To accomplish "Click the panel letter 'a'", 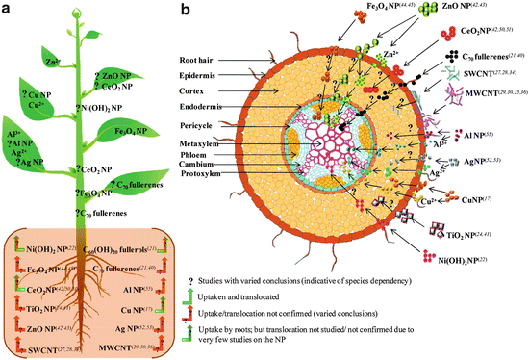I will (x=8, y=10).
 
